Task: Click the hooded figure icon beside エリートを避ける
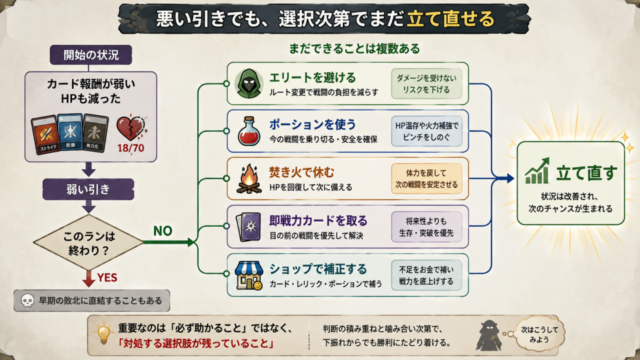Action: coord(248,83)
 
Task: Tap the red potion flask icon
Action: coord(249,131)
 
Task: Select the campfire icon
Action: coord(249,179)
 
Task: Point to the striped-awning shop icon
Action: coord(249,275)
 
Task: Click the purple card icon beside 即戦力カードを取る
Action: coord(248,227)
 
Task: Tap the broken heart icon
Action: coord(131,128)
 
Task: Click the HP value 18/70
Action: coord(131,148)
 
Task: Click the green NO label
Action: coord(163,231)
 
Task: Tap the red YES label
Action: coord(107,277)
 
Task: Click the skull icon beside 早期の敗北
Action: coord(27,301)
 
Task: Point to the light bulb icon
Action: coord(103,332)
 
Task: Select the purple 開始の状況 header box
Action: coord(91,54)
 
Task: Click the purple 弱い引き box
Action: coord(88,189)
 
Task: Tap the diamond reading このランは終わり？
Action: coord(88,242)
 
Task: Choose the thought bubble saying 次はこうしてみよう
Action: coord(539,334)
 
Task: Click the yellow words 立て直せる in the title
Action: coord(450,19)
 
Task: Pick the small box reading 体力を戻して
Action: coord(426,178)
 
